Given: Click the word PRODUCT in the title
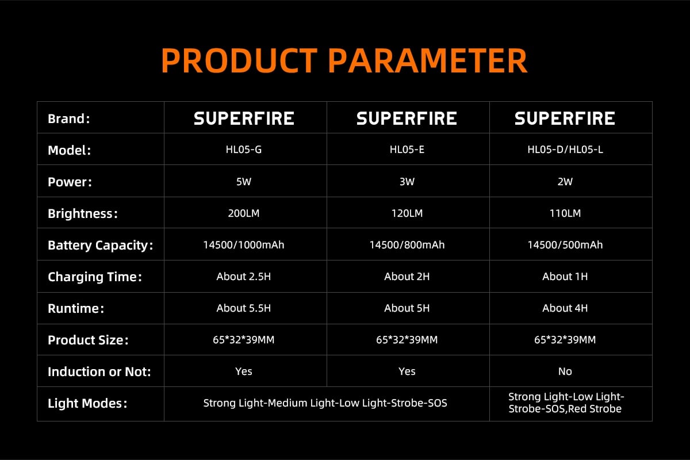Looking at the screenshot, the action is click(x=239, y=60).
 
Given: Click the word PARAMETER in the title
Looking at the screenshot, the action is click(x=428, y=60).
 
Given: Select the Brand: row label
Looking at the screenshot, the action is click(x=69, y=118).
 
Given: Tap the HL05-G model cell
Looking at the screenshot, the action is click(x=244, y=149).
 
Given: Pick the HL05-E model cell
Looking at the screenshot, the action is click(x=407, y=149).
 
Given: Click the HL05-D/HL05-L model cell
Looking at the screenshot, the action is click(x=565, y=149).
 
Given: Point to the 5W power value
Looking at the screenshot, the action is click(x=244, y=182).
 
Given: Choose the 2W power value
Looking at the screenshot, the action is click(x=565, y=182).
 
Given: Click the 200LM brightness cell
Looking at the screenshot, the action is click(x=244, y=213).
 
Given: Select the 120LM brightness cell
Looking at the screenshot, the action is click(x=407, y=213).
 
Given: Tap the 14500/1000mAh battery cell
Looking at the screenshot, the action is click(x=244, y=245).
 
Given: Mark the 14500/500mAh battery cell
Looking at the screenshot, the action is click(x=565, y=245).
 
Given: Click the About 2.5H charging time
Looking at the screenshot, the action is click(x=244, y=277).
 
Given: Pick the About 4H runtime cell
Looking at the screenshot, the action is click(x=565, y=308).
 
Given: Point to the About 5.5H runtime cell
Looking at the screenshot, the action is click(x=244, y=308).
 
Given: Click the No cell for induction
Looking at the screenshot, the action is click(x=565, y=371).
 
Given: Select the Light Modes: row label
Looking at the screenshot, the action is click(x=87, y=403).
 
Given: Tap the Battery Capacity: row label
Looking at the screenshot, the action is click(x=101, y=246).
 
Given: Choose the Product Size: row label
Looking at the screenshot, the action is click(x=88, y=340).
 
